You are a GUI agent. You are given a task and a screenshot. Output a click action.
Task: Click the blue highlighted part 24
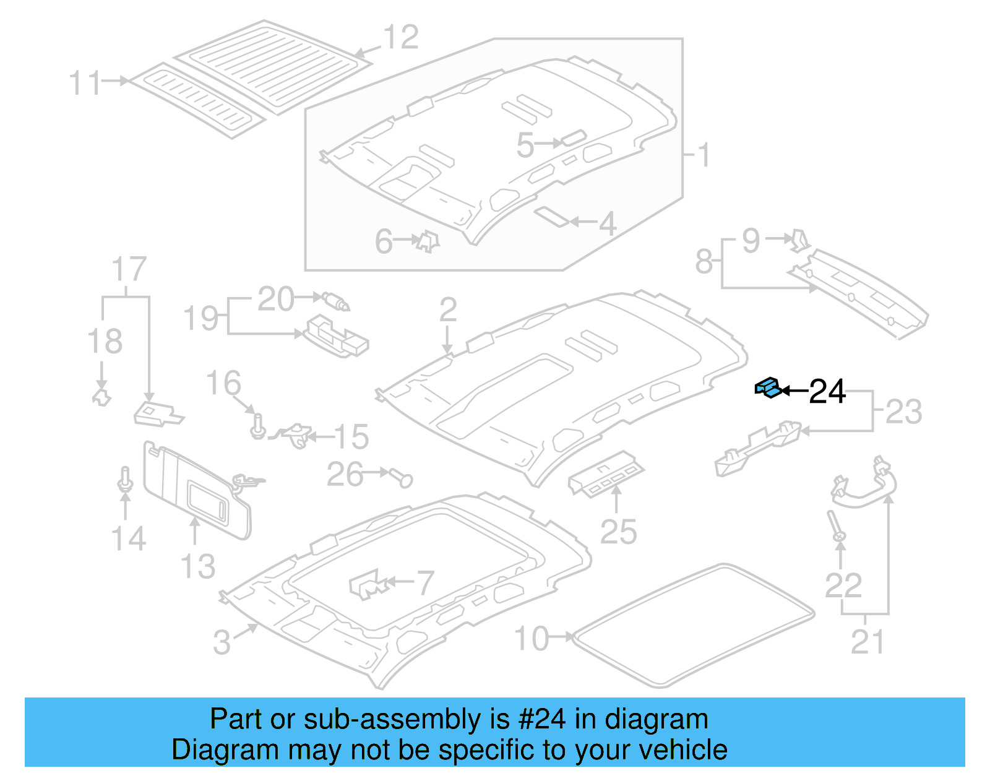[768, 387]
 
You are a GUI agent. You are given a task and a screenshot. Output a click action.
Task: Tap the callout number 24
[827, 392]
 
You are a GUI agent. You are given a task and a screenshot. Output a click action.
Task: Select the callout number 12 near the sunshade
[401, 37]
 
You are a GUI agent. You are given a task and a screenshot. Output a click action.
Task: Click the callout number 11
[85, 83]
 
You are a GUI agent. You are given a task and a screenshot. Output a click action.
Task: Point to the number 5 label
[525, 146]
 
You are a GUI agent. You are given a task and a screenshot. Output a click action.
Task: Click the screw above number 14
[126, 480]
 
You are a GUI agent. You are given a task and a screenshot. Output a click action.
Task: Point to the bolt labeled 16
[258, 426]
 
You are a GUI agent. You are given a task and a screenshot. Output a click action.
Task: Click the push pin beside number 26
[403, 477]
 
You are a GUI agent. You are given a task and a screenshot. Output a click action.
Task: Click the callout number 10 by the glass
[532, 639]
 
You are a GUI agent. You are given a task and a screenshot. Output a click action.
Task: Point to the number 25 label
[618, 532]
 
